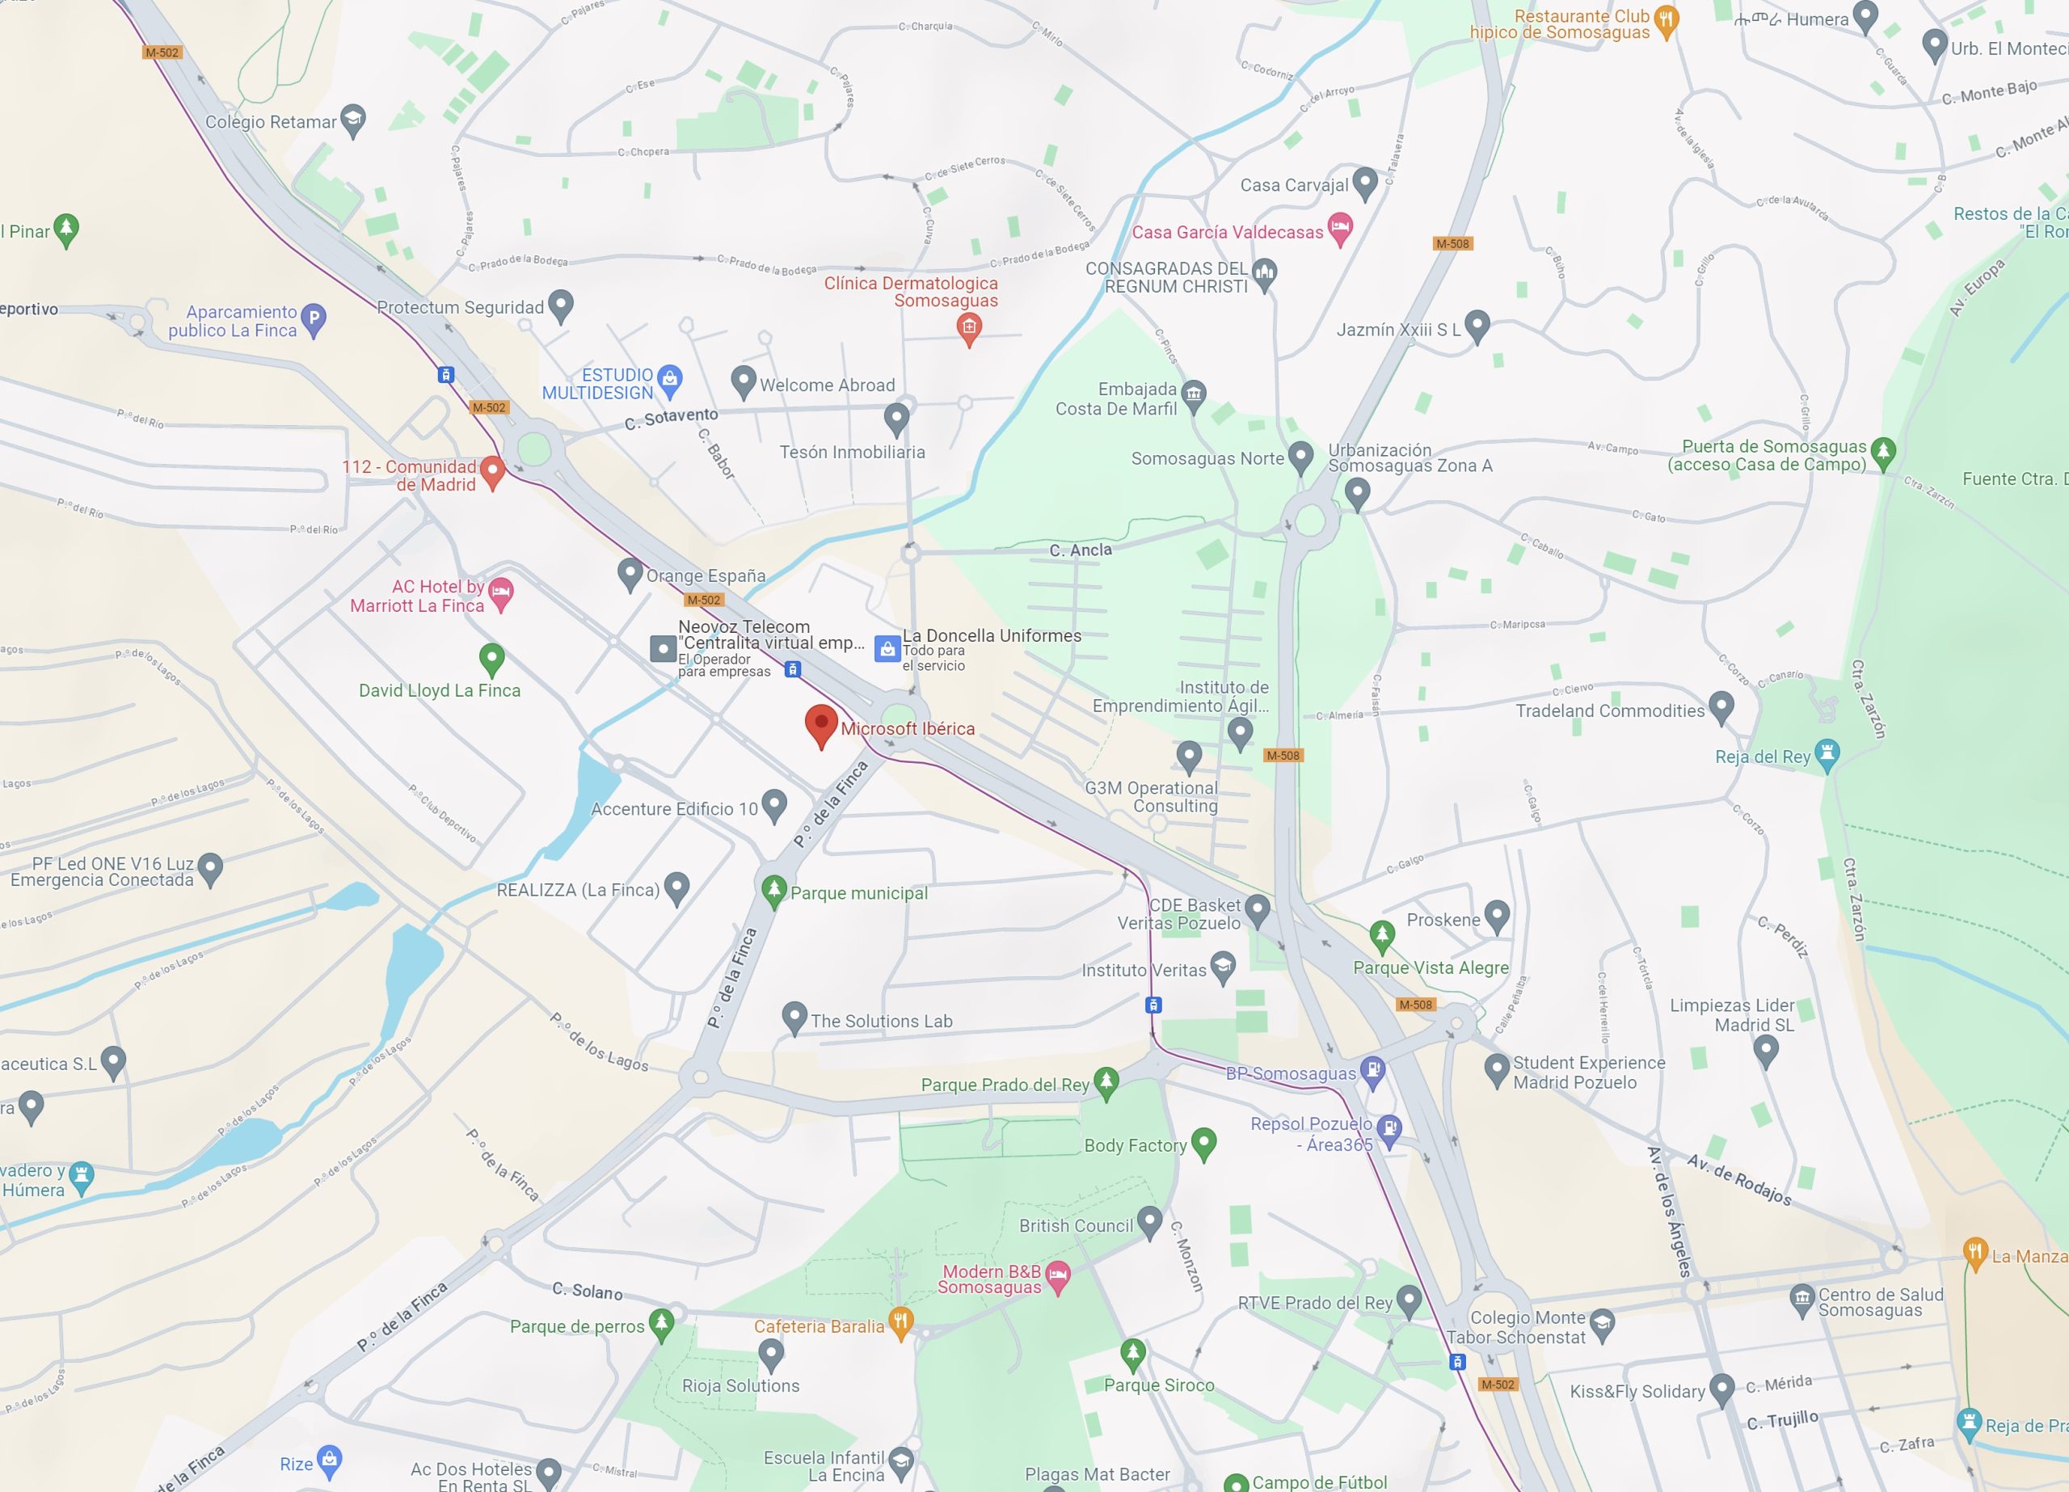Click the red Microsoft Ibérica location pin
pyautogui.click(x=821, y=724)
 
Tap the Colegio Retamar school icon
pyautogui.click(x=352, y=120)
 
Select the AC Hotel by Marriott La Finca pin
pyautogui.click(x=500, y=593)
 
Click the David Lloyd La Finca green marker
pyautogui.click(x=491, y=657)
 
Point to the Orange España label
pyautogui.click(x=706, y=575)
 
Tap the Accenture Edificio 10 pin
pyautogui.click(x=773, y=805)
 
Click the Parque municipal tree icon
pyautogui.click(x=773, y=889)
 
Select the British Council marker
pyautogui.click(x=1149, y=1220)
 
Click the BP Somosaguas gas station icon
pyautogui.click(x=1373, y=1070)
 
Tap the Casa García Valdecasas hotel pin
pyautogui.click(x=1339, y=228)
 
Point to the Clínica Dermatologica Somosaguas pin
pyautogui.click(x=969, y=327)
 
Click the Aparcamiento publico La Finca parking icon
pyautogui.click(x=313, y=319)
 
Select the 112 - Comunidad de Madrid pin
pyautogui.click(x=491, y=471)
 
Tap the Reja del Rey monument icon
pyautogui.click(x=1827, y=755)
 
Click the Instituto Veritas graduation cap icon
pyautogui.click(x=1223, y=967)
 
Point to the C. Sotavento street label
pyautogui.click(x=672, y=418)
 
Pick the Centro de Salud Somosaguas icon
pyautogui.click(x=1801, y=1299)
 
